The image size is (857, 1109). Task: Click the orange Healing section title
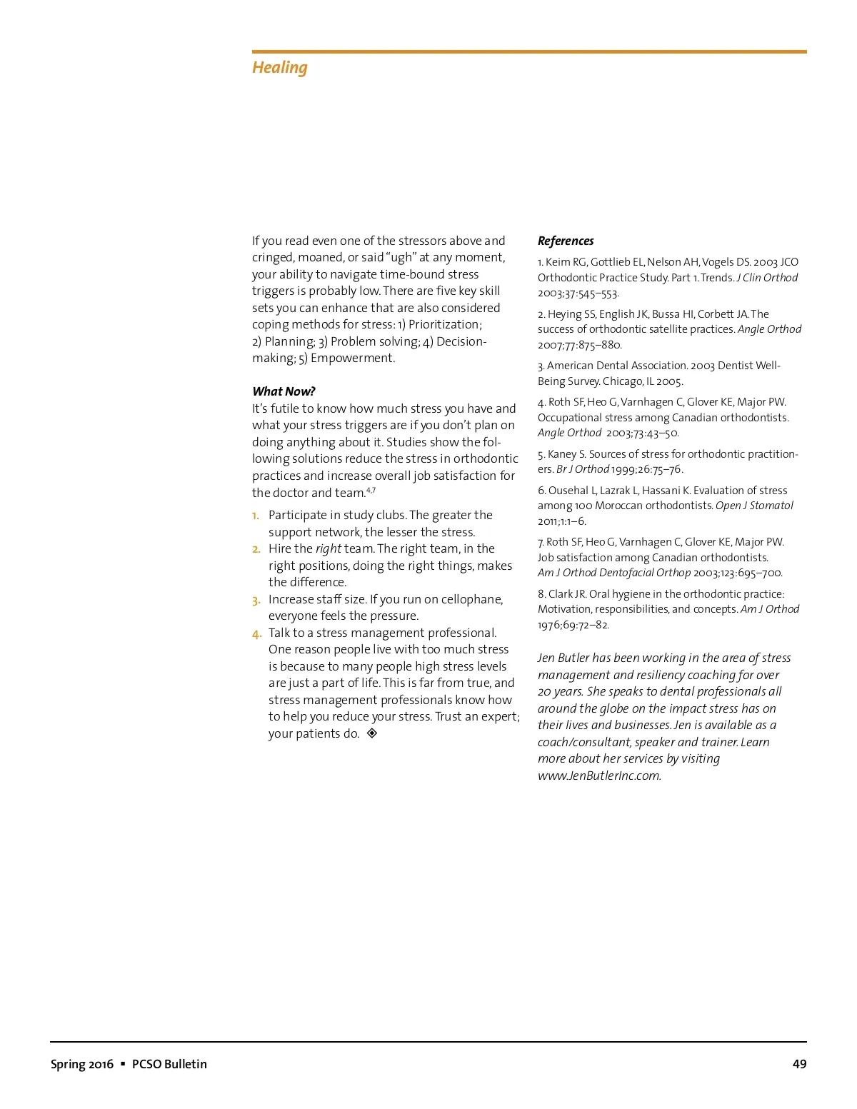pos(279,68)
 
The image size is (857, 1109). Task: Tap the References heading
pos(566,241)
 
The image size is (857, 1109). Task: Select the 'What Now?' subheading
pos(284,391)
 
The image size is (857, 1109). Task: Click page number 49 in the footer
pos(799,1064)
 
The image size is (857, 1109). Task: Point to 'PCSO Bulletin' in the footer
pos(169,1064)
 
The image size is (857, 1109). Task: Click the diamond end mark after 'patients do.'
pos(371,733)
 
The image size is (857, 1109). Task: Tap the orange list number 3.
pos(256,601)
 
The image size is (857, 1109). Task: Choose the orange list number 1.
pos(256,516)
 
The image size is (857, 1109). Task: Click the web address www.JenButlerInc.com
pos(599,776)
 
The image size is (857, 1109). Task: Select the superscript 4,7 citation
pos(371,491)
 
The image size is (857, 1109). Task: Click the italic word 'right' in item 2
pos(328,548)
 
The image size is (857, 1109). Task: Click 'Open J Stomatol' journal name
pos(754,506)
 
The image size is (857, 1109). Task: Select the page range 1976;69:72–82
pos(573,625)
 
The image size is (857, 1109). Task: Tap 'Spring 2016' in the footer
pos(81,1064)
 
